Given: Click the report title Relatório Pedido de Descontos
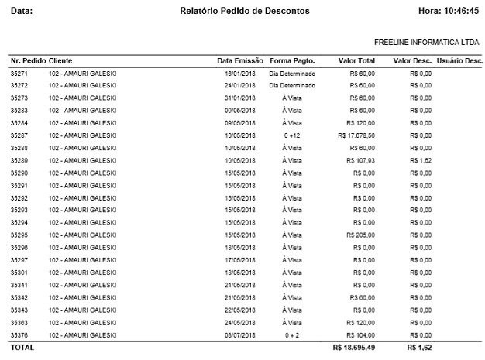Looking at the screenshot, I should point(244,12).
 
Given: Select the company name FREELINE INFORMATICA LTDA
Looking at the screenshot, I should point(426,42).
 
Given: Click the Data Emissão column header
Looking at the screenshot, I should point(240,60).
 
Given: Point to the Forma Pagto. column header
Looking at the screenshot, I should point(292,60).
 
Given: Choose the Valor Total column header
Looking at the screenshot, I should point(357,60).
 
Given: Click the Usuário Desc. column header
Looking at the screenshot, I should point(460,60).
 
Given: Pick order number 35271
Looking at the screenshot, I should point(19,73).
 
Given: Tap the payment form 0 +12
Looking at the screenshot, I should point(292,135).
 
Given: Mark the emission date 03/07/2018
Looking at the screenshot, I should point(240,334).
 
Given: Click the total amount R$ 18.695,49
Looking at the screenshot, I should point(353,348).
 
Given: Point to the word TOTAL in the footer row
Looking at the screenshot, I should point(22,348).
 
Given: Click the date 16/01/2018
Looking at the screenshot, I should point(240,73).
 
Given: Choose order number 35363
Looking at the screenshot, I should point(19,322).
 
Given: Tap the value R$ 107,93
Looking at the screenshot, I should point(362,160).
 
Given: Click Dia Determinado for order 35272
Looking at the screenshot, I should point(292,85).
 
